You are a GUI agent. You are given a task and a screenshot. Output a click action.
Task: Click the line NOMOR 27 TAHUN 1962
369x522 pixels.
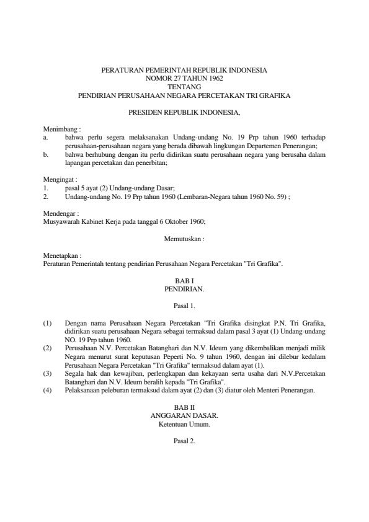[184, 79]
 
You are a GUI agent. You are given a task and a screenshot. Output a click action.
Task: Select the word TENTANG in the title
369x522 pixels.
[184, 87]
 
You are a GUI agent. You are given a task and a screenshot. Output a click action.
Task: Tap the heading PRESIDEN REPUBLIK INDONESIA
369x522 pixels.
[184, 113]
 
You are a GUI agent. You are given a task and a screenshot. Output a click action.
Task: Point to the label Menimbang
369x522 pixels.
[58, 128]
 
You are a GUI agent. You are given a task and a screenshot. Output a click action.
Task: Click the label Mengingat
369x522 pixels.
[58, 179]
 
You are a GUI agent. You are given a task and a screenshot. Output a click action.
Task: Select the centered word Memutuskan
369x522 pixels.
[184, 238]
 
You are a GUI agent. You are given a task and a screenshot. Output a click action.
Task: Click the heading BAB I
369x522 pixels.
[184, 281]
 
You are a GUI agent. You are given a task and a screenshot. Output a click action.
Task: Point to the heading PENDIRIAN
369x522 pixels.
[184, 289]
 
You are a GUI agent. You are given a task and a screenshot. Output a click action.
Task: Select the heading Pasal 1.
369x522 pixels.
[184, 306]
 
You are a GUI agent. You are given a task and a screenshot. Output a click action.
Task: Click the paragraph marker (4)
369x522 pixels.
[48, 391]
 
